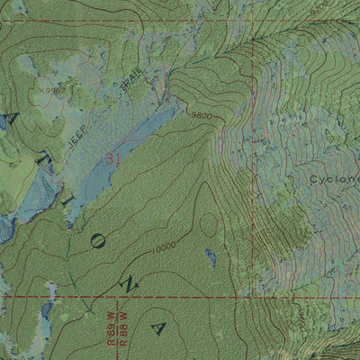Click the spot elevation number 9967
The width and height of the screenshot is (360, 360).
click(x=50, y=91)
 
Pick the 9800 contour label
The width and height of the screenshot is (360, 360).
click(x=201, y=114)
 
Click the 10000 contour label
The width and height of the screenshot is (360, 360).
click(x=164, y=246)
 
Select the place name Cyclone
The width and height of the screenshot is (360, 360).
click(x=334, y=179)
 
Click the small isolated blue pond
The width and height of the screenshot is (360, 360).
click(x=211, y=258)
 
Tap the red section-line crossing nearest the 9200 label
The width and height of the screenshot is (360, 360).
click(x=253, y=40)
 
